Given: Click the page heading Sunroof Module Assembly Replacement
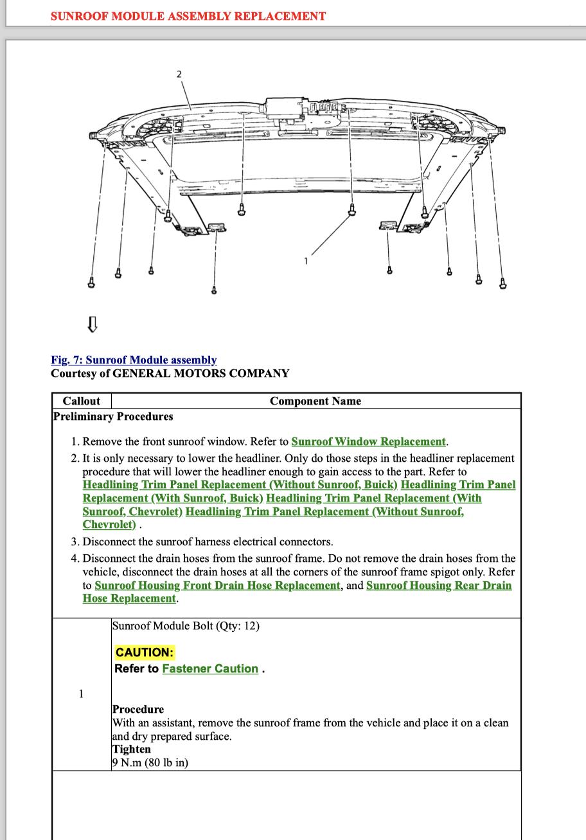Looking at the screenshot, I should click(188, 16).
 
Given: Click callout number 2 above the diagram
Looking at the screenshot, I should click(179, 74).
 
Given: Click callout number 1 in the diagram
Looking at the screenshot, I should click(306, 261).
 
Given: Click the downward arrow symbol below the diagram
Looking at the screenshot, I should click(92, 324).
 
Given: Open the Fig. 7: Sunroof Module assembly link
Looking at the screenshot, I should click(134, 360).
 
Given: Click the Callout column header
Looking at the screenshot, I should click(82, 401).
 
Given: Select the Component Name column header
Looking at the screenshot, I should click(315, 401).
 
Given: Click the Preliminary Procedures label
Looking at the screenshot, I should click(113, 416).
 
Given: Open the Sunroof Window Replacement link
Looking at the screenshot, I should click(368, 441).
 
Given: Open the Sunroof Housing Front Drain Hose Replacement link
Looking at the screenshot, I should click(217, 585).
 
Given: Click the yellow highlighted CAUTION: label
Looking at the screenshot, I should click(145, 652).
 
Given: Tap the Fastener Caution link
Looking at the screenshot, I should click(210, 669).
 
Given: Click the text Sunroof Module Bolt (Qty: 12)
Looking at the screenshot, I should click(186, 626).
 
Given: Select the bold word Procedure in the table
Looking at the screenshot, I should click(138, 709).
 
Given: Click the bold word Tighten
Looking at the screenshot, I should click(132, 749).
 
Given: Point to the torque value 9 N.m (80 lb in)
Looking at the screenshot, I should click(150, 762).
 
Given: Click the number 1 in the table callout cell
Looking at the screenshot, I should click(81, 694).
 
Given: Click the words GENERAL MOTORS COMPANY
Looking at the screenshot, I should click(200, 373).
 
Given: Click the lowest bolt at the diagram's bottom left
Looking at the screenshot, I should click(214, 290).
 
